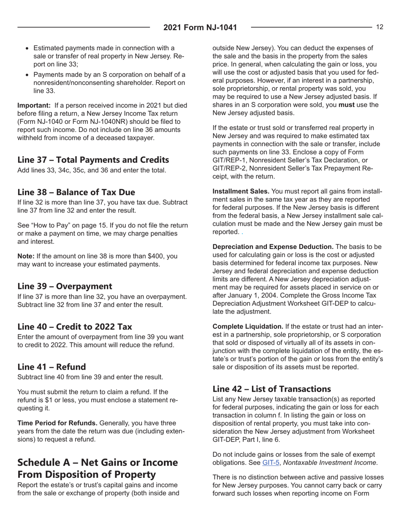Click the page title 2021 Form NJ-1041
click(200, 28)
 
